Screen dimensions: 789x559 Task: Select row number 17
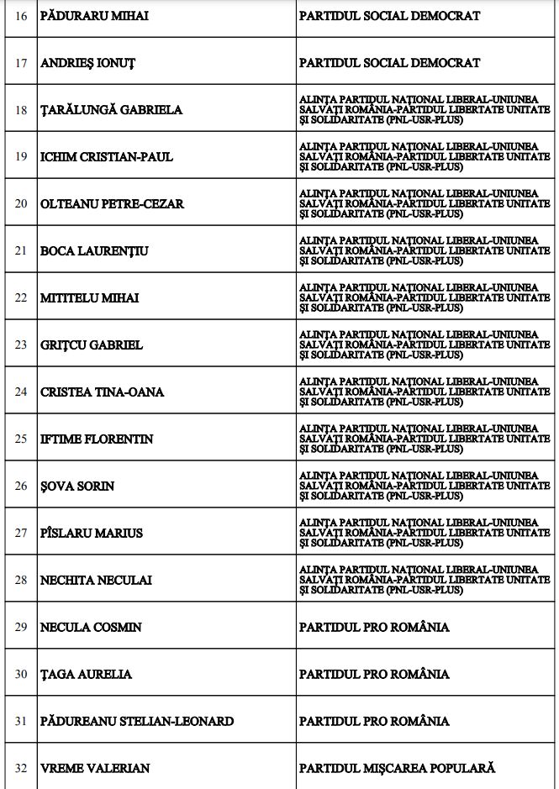(21, 63)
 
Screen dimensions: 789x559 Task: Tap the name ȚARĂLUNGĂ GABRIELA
(111, 110)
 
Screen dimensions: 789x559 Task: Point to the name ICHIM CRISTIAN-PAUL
(107, 157)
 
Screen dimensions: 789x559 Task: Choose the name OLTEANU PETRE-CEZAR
(112, 204)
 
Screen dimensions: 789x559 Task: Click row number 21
(21, 251)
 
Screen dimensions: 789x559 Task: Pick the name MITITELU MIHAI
(90, 298)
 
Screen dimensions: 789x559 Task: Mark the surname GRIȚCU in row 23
(62, 345)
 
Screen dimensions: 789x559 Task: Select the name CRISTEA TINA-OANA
(102, 392)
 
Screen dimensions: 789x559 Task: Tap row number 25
(21, 439)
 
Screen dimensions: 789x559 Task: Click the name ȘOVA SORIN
(77, 487)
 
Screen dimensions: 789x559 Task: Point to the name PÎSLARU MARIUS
(92, 534)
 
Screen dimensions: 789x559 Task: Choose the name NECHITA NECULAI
(96, 581)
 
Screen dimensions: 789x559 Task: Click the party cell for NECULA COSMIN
(374, 628)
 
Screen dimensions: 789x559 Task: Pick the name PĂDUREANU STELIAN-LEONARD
(137, 722)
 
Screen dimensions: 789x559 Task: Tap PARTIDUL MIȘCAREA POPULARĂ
(397, 768)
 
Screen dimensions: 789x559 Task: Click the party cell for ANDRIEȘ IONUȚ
(389, 63)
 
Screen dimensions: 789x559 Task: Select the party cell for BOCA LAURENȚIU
(425, 250)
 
